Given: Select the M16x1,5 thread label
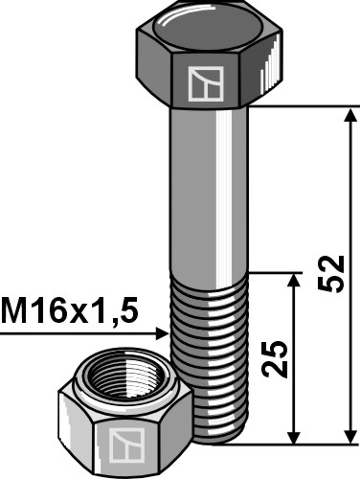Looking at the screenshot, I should click(x=70, y=310).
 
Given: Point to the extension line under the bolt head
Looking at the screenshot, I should click(x=306, y=106).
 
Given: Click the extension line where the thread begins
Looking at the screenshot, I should click(x=278, y=271).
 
